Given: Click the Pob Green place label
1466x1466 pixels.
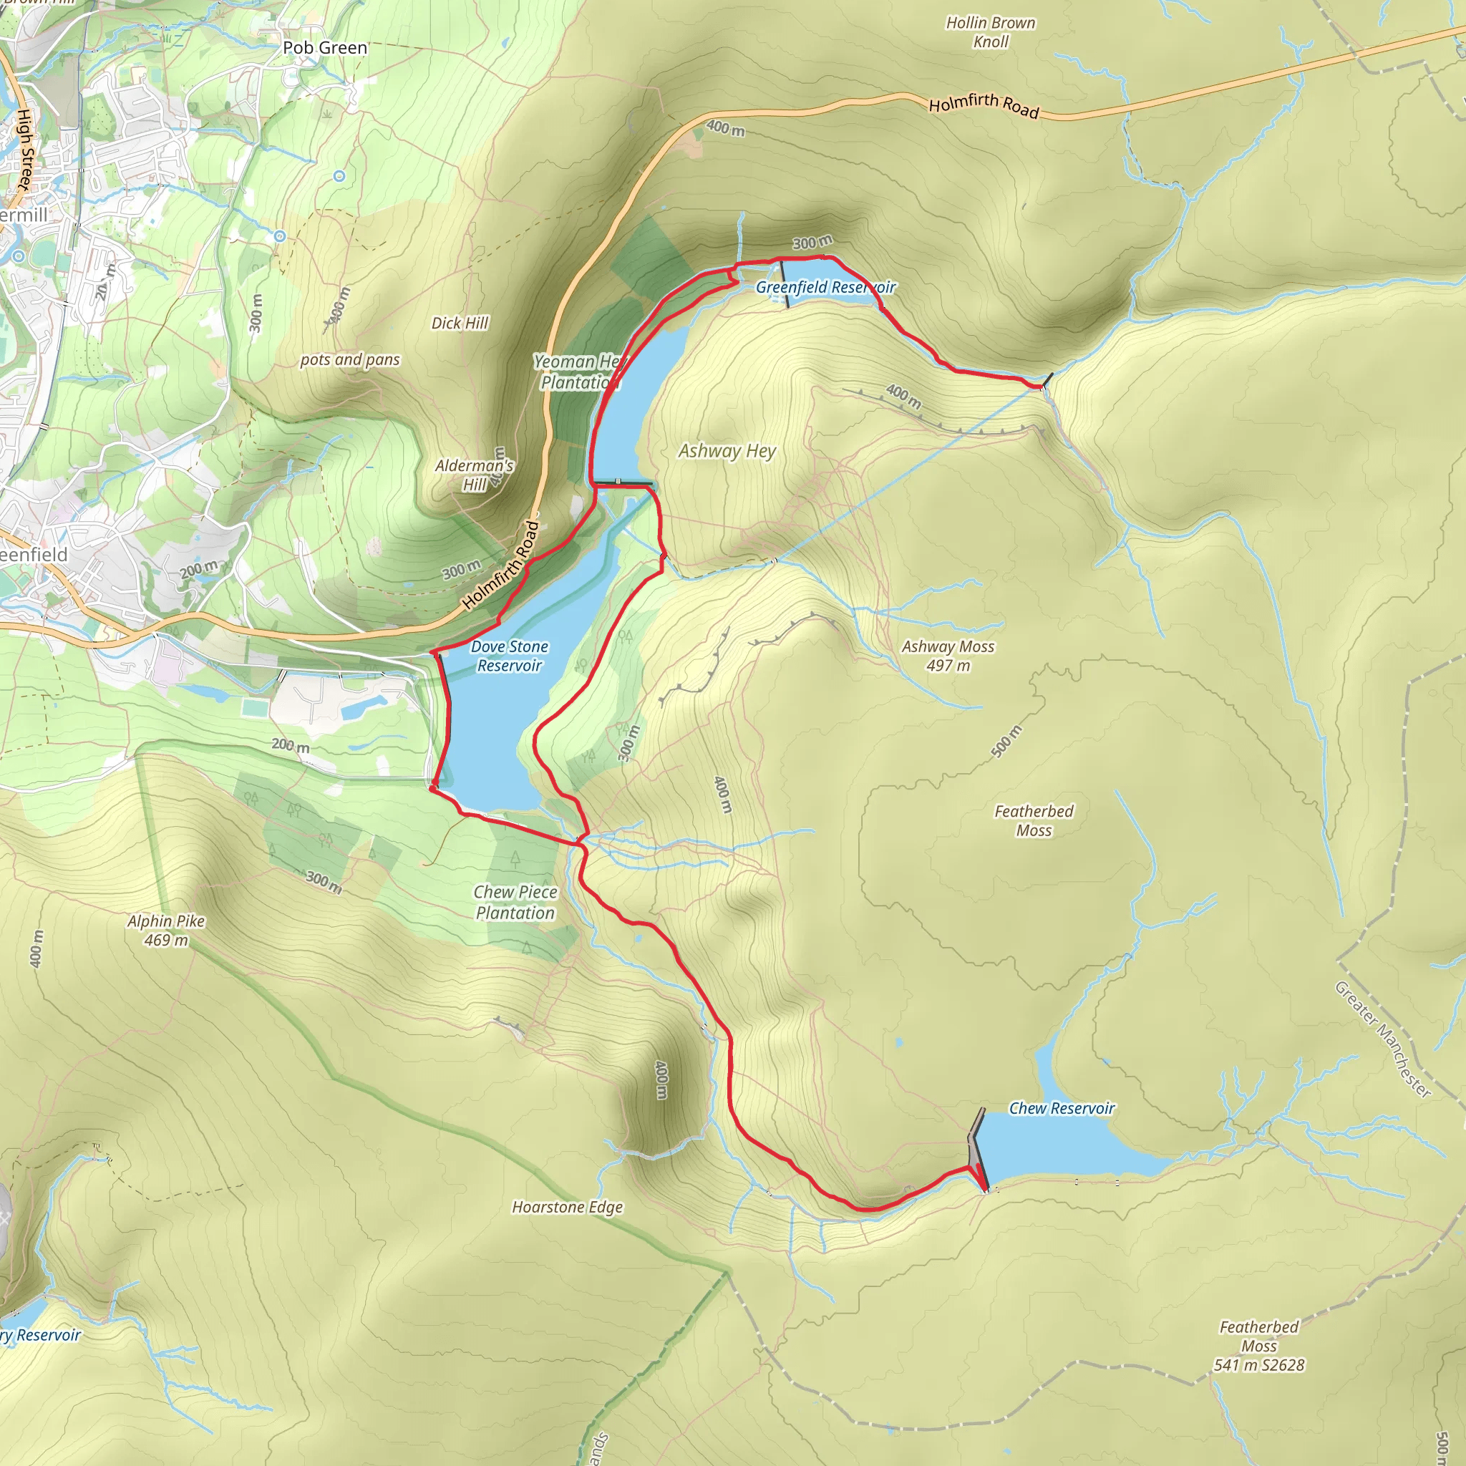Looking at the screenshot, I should coord(325,48).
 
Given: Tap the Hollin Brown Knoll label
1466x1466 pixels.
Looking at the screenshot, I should coord(990,32).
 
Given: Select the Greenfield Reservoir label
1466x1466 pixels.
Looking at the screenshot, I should coord(825,288).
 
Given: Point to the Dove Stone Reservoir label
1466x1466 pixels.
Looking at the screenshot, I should coord(509,656).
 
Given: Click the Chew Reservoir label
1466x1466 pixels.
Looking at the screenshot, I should coord(1061,1109).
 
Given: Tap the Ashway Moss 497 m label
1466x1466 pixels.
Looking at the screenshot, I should coord(948,656).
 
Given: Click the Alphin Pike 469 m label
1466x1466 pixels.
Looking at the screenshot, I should coord(166,931).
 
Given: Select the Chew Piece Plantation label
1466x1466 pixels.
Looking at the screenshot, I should coord(515,902).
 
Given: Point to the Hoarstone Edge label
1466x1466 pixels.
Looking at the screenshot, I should coord(567,1208).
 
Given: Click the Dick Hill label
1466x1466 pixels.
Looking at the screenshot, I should coord(460,324).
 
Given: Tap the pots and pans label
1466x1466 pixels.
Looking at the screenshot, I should coord(350,359).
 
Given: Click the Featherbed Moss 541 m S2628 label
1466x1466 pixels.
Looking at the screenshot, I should coord(1259,1346).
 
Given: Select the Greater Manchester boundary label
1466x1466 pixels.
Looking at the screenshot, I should coord(1382,1039).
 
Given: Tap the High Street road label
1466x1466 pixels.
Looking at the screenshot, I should coord(25,150).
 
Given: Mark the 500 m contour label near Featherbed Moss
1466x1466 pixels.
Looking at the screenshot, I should coord(1006,742).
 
